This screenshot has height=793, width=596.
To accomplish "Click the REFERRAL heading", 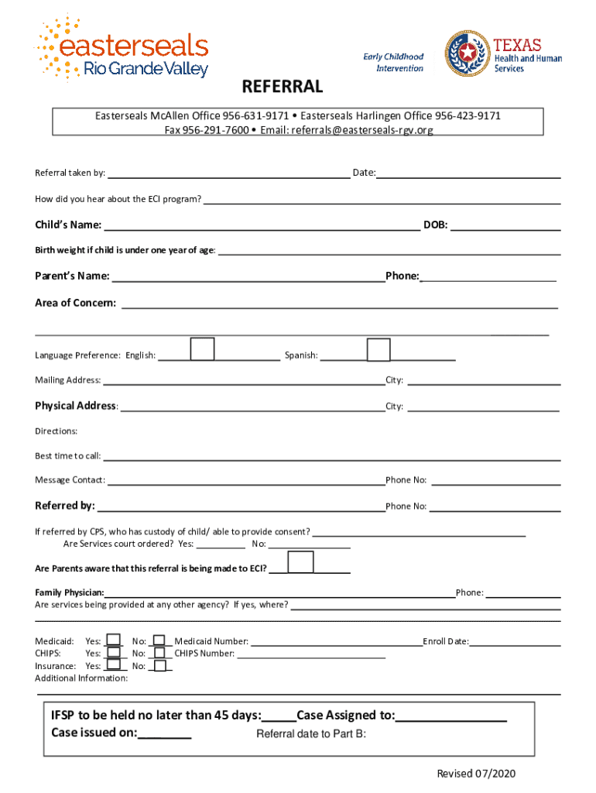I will [x=283, y=86].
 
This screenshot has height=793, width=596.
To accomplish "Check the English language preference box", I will [x=203, y=349].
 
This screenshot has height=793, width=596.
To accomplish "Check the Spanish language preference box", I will [x=378, y=350].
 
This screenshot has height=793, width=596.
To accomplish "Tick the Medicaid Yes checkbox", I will [x=114, y=640].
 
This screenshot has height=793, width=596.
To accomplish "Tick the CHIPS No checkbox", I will [x=159, y=653].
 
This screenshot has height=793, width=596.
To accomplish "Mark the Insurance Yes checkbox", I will [x=114, y=665].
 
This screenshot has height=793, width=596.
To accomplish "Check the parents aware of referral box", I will [x=300, y=563].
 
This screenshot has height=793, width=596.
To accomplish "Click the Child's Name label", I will [x=68, y=225].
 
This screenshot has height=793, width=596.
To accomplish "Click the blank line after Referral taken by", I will [x=228, y=173].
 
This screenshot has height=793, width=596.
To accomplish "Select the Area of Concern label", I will [x=76, y=303].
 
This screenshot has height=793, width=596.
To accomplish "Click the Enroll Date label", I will [x=446, y=641].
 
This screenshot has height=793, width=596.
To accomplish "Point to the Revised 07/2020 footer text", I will [x=476, y=774].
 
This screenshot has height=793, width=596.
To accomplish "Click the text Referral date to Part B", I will [x=311, y=734].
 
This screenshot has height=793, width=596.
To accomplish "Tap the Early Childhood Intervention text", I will [x=395, y=62].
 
